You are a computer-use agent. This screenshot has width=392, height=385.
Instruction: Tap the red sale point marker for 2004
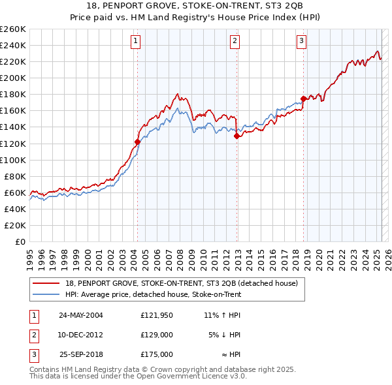138,142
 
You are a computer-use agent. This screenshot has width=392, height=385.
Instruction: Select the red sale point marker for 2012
237,136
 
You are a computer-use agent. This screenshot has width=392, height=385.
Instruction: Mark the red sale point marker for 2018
304,99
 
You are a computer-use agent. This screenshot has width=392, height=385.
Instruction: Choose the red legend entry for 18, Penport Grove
182,283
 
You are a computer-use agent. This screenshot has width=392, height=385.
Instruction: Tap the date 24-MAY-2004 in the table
81,315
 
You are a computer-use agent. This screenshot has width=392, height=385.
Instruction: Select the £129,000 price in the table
156,335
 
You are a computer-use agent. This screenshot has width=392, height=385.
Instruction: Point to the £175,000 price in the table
156,354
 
